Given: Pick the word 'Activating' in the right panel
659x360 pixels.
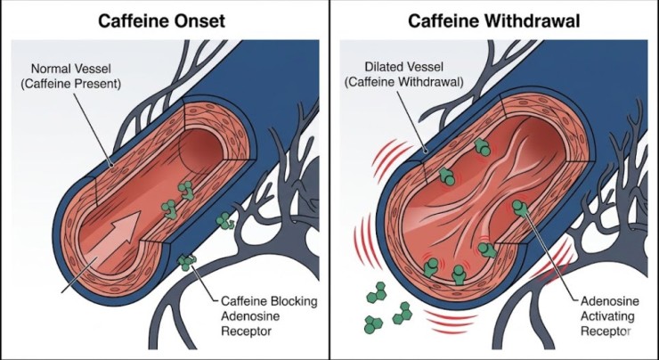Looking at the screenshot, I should [605, 315].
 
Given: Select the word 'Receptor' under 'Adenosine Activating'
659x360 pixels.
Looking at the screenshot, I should [604, 331].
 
